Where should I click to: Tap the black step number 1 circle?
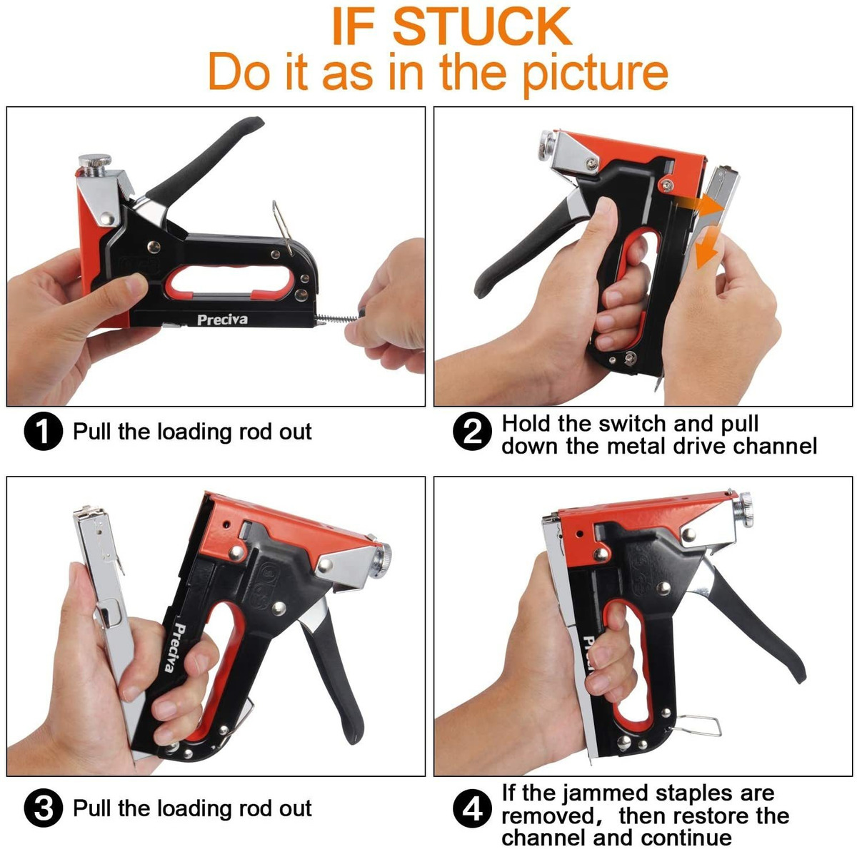43,431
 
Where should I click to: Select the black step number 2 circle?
472,432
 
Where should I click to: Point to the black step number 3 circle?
43,808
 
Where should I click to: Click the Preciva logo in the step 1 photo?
222,320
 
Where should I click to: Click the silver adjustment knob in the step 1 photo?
94,165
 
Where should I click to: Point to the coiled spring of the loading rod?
337,317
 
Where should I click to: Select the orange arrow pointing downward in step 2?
706,247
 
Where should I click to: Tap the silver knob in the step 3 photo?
382,560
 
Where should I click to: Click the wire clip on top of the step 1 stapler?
282,228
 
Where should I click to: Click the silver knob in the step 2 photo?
547,145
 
